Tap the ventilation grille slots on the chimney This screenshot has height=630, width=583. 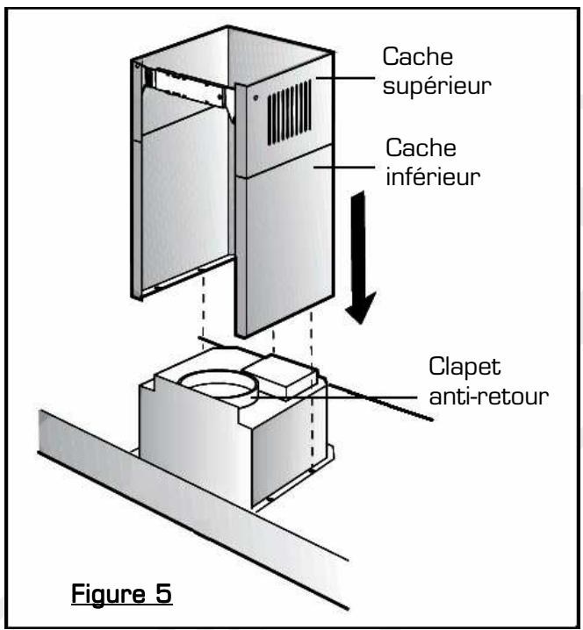click(290, 111)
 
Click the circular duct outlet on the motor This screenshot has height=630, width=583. click(219, 383)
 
